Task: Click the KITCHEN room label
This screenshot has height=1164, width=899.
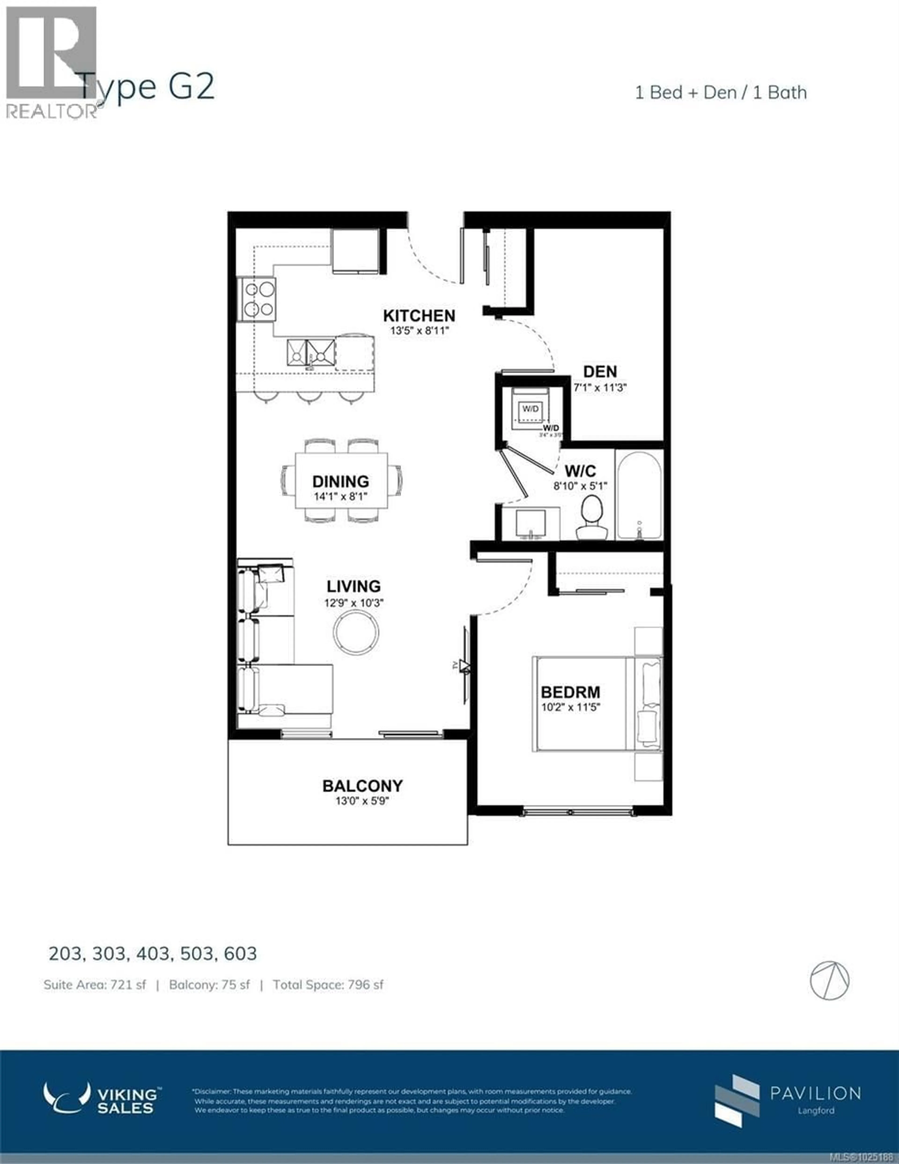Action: (419, 315)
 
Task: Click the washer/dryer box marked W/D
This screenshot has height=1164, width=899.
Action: (530, 409)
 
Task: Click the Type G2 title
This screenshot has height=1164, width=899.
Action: (147, 87)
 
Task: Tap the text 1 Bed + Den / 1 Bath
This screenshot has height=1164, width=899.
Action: (720, 93)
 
